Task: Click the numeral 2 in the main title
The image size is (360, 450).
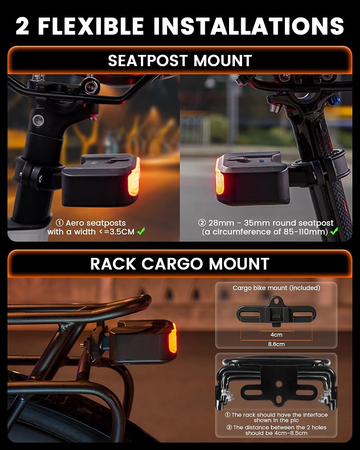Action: [22, 26]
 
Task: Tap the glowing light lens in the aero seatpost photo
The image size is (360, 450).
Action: [134, 176]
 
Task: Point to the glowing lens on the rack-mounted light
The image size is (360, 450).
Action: [172, 337]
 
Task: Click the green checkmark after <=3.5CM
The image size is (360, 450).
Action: [141, 231]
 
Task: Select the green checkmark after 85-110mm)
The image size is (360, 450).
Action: [334, 231]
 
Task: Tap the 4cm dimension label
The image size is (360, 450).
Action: [276, 335]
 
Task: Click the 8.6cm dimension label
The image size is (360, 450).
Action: [276, 344]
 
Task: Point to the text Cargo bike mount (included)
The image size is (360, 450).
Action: [276, 288]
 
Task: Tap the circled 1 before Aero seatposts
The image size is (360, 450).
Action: [59, 223]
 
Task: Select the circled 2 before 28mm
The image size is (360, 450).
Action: [202, 223]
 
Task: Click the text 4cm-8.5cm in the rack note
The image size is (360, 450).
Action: [290, 433]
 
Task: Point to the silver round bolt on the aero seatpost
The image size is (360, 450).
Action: [38, 120]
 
